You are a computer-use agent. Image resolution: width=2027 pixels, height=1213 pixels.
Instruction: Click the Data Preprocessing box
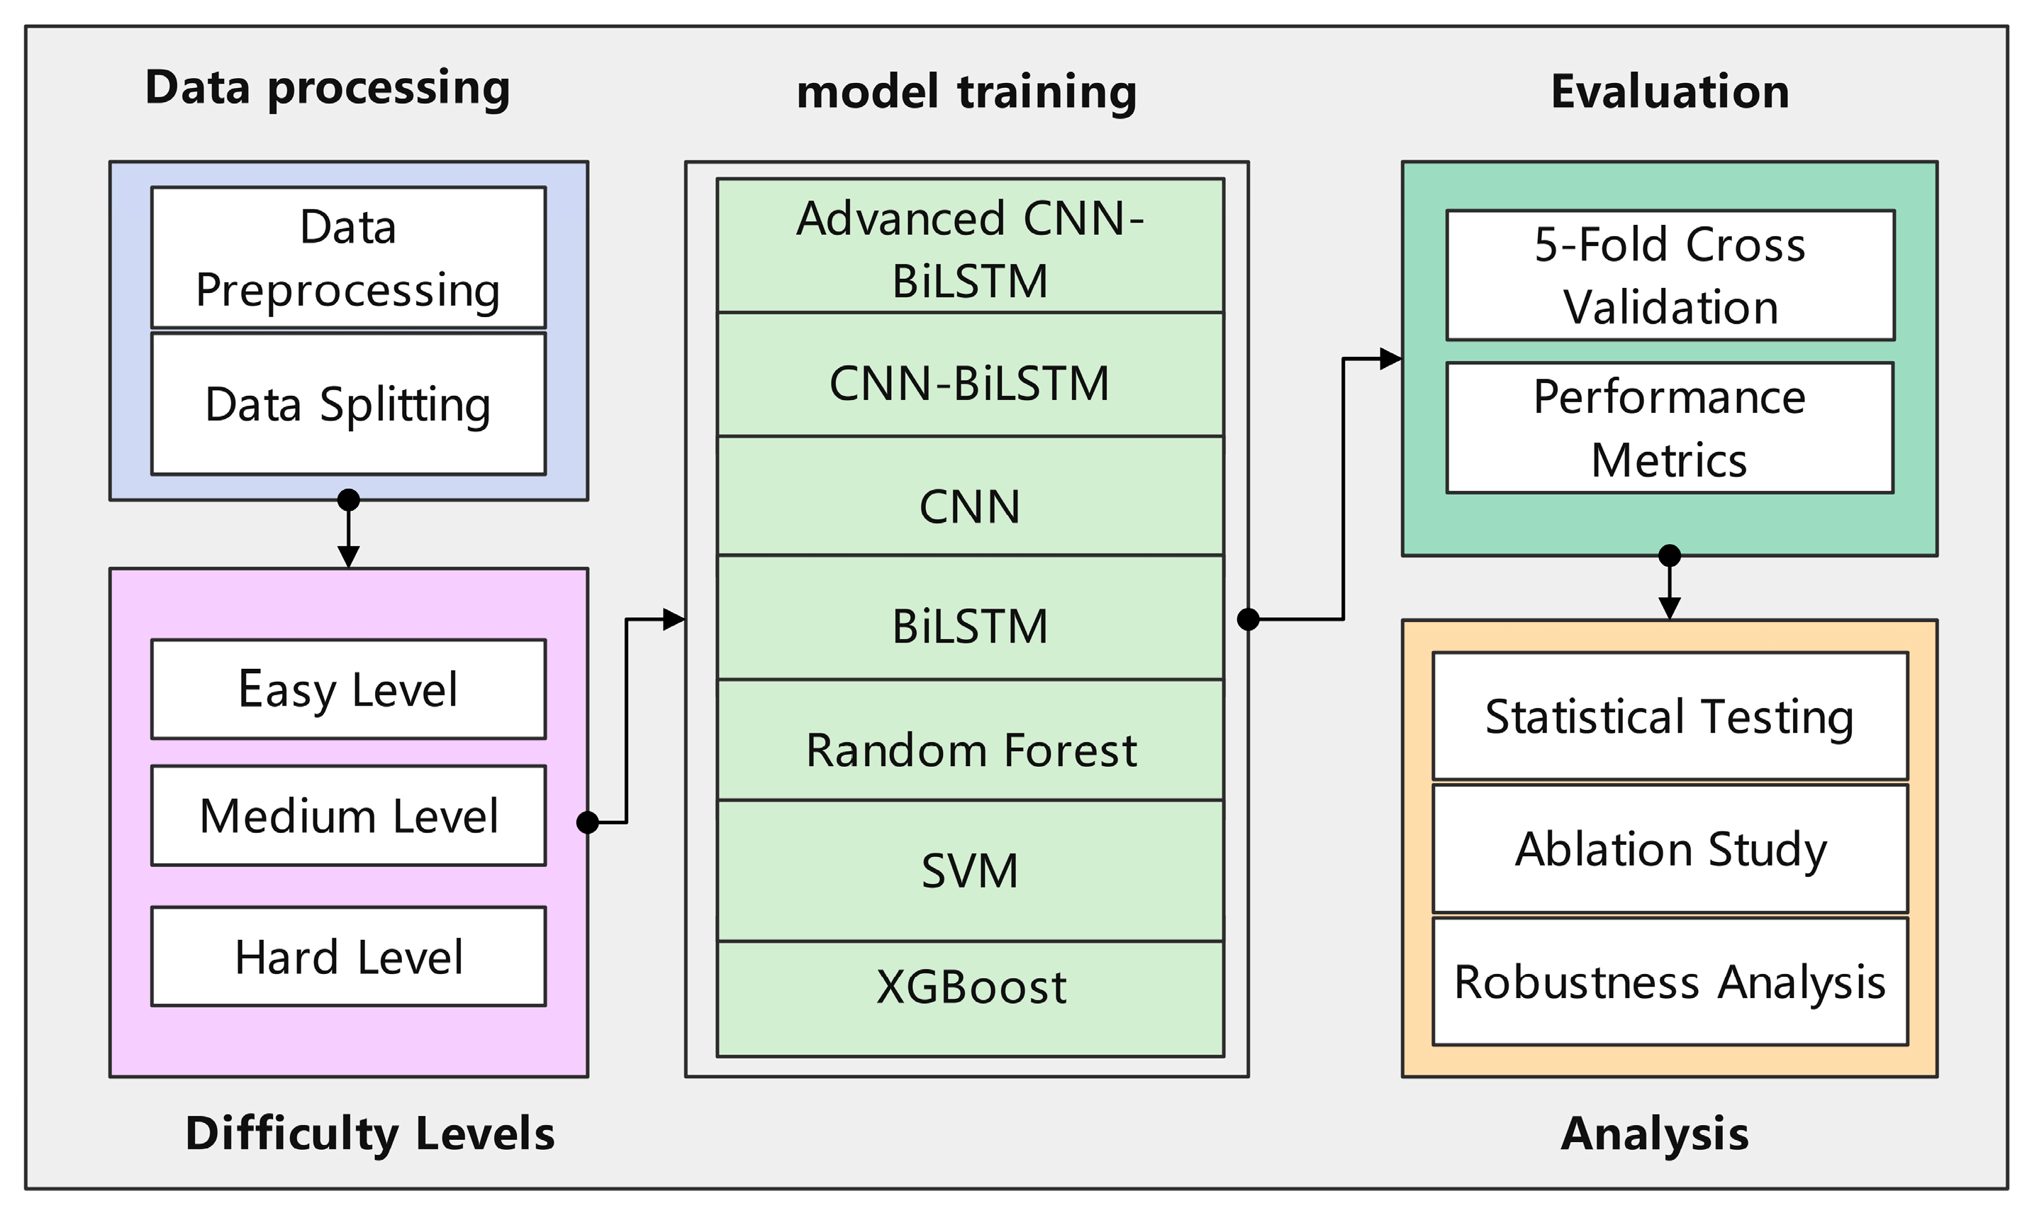tap(348, 257)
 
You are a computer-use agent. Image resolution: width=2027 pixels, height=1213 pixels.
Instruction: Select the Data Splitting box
tap(348, 404)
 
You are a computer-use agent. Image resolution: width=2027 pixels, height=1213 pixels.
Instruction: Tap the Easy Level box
tap(348, 689)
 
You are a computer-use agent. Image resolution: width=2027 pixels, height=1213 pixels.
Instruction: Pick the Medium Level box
tap(348, 816)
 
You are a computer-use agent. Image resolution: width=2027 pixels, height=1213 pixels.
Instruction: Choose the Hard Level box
tap(348, 956)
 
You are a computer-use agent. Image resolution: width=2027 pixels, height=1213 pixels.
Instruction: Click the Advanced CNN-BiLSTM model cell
tap(970, 246)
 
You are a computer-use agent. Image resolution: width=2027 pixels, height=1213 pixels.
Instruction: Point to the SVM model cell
tap(970, 870)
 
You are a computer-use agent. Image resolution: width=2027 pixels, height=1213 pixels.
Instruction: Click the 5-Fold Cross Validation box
tap(1670, 275)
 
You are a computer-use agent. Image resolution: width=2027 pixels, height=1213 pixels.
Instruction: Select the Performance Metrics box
tap(1670, 428)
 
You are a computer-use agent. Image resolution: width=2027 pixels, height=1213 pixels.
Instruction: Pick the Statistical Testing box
tap(1670, 716)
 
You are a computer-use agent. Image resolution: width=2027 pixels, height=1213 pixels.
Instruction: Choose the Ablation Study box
tap(1670, 848)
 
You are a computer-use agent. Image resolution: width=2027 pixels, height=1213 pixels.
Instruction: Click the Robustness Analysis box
tap(1670, 981)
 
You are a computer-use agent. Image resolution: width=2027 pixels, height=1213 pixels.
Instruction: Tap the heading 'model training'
tap(966, 92)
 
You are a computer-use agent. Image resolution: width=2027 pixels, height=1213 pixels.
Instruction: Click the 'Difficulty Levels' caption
tap(369, 1134)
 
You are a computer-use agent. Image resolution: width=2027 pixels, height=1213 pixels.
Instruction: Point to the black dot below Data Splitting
tap(349, 499)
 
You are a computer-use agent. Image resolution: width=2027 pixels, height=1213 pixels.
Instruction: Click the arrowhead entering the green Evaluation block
tap(1390, 359)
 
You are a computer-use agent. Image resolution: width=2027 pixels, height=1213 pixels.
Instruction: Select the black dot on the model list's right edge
tap(1249, 619)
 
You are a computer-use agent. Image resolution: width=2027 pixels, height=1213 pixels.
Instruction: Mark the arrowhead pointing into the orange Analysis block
tap(1670, 608)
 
